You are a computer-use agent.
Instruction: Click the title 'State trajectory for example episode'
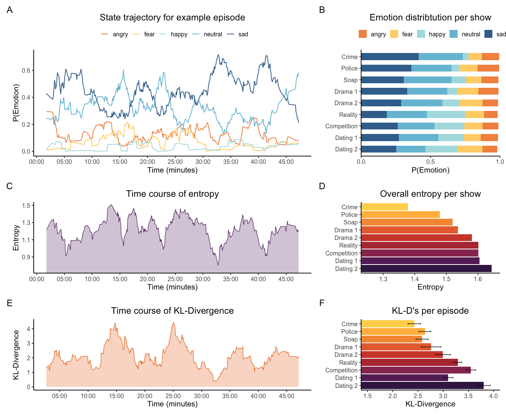[172, 17]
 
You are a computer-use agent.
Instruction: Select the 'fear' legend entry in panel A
[149, 34]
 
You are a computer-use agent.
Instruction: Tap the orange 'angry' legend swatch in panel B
[363, 34]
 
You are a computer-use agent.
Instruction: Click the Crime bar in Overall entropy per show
[385, 207]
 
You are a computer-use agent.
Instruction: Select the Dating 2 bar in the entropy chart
[426, 269]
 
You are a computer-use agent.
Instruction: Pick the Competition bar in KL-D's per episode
[416, 370]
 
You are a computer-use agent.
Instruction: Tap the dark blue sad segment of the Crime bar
[390, 57]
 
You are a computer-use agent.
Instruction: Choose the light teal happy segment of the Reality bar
[446, 115]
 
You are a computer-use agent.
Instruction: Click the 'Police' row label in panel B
[349, 68]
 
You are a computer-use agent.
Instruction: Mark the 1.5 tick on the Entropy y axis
[26, 206]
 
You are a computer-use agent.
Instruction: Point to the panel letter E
[9, 303]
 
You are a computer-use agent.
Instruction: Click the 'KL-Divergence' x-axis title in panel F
[430, 404]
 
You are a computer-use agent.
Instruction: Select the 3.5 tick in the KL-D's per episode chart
[468, 396]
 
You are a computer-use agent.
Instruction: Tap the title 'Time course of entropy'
[172, 194]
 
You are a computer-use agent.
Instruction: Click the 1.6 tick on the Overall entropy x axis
[478, 279]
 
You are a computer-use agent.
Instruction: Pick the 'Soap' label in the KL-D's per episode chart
[350, 339]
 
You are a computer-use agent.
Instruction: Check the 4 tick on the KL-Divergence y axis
[28, 329]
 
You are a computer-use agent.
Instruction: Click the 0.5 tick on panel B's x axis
[430, 162]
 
